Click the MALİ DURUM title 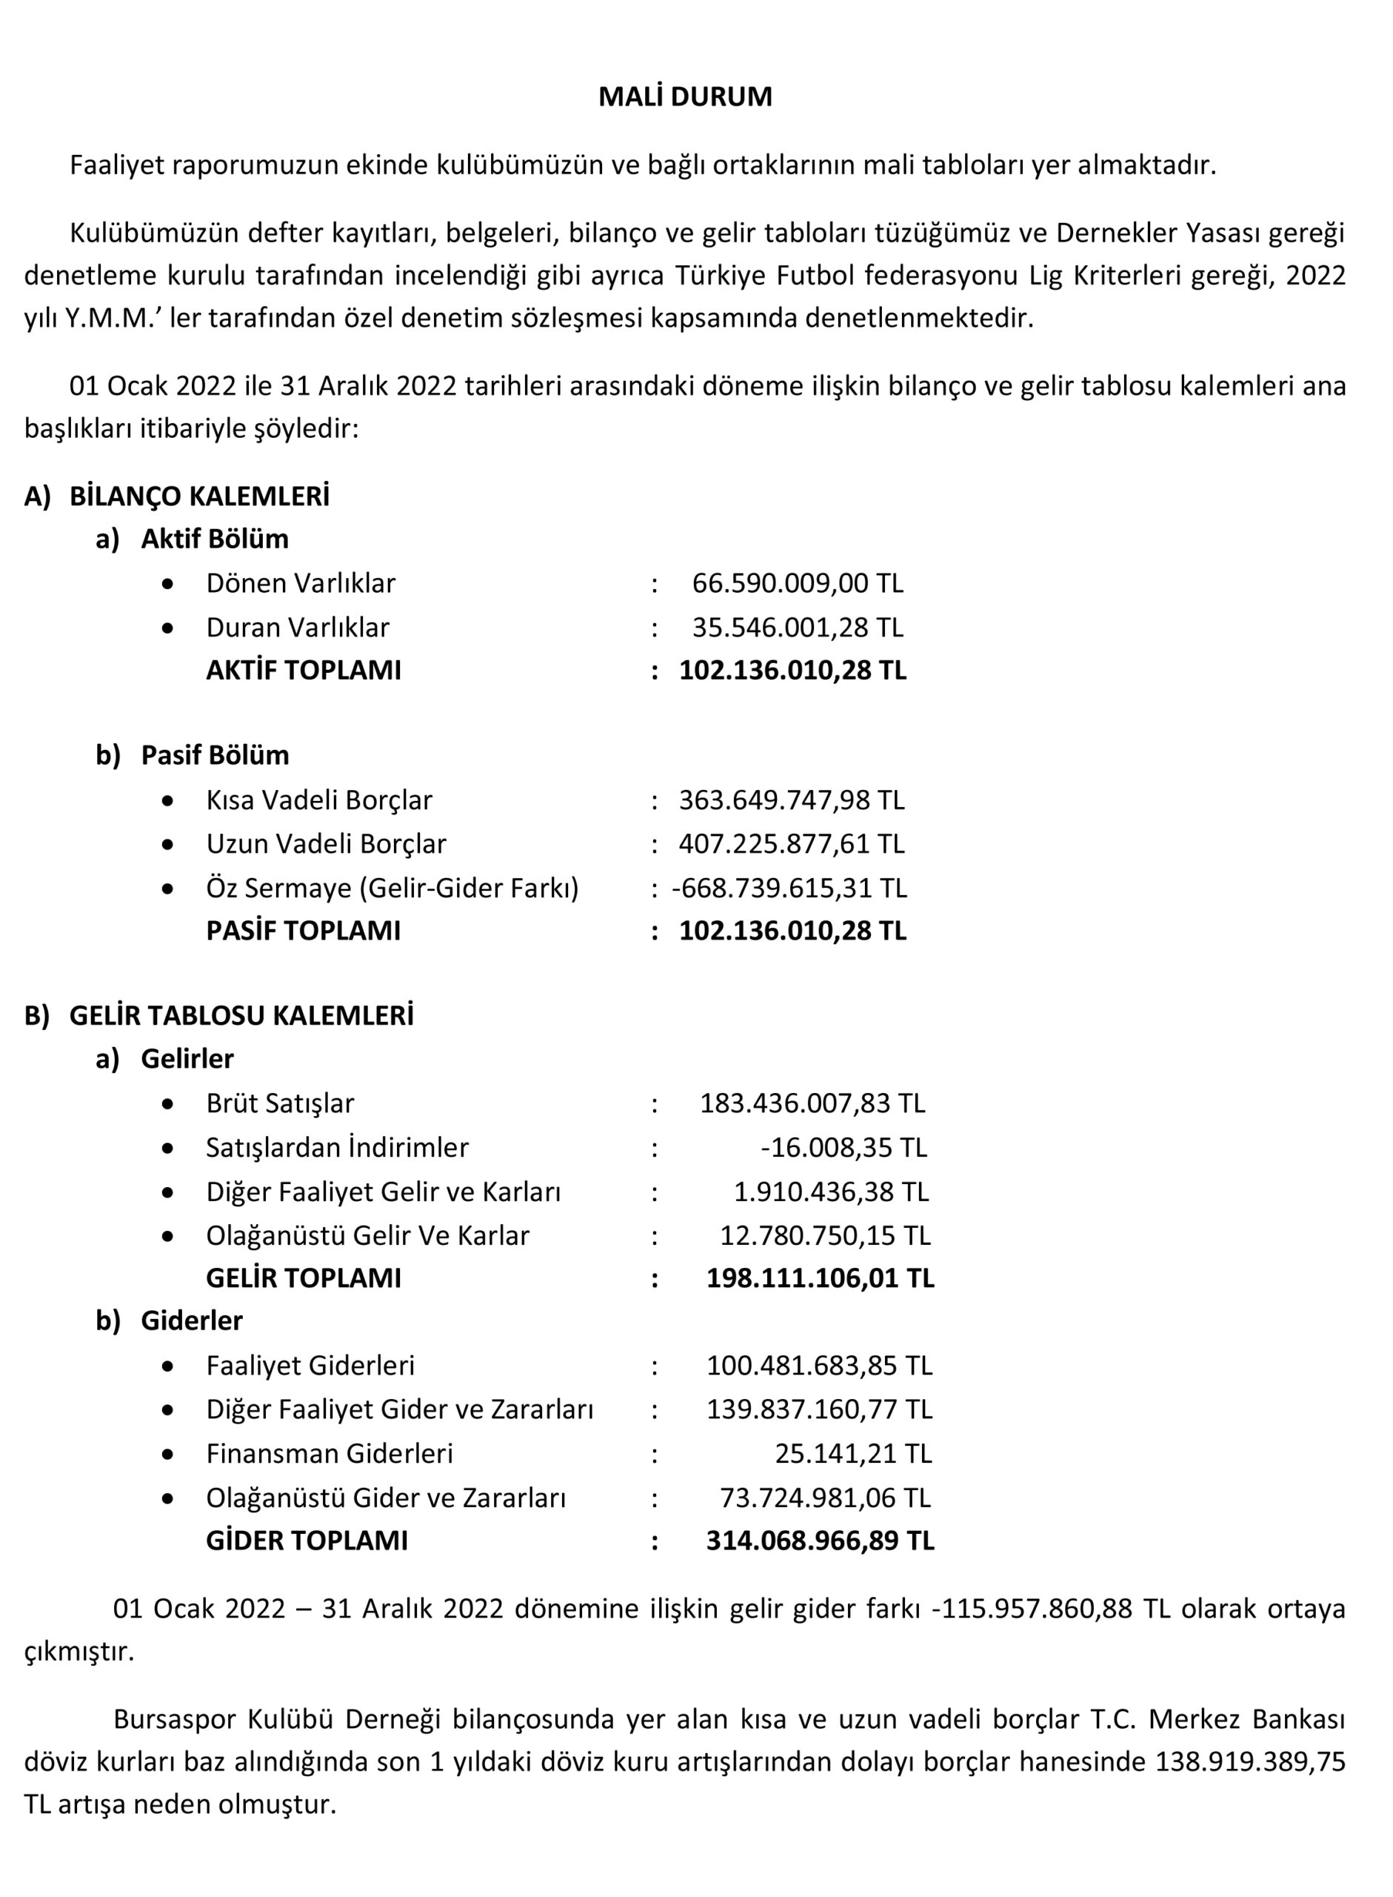tap(685, 97)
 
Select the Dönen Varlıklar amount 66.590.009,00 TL tap(797, 583)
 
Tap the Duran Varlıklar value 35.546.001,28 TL tap(797, 628)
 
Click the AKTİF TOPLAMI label tap(304, 671)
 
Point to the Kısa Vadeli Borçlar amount tap(791, 800)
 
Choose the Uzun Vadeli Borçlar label tap(327, 843)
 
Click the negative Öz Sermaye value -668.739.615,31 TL tap(789, 888)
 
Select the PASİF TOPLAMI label tap(304, 931)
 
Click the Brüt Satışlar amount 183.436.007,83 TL tap(812, 1103)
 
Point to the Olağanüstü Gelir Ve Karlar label tap(367, 1236)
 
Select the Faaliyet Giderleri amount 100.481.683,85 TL tap(819, 1366)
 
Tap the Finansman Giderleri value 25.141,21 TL tap(852, 1453)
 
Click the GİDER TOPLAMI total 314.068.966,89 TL tap(820, 1541)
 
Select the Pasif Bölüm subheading tap(215, 755)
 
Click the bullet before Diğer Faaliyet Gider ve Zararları tap(169, 1409)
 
